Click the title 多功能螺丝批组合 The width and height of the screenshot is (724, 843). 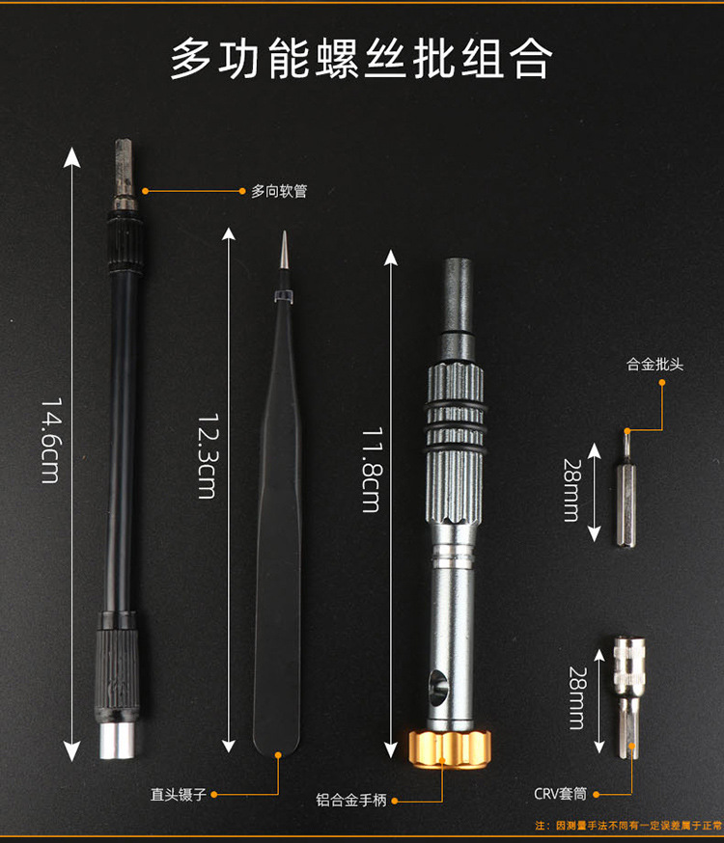point(361,59)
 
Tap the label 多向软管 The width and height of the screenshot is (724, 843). point(279,192)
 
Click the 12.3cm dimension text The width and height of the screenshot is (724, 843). point(207,455)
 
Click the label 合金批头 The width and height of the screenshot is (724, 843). point(655,365)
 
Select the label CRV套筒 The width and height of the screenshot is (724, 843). point(561,795)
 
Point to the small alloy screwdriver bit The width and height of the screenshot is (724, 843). point(625,492)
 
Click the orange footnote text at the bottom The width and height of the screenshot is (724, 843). point(627,828)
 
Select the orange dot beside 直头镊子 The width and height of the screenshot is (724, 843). point(213,795)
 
